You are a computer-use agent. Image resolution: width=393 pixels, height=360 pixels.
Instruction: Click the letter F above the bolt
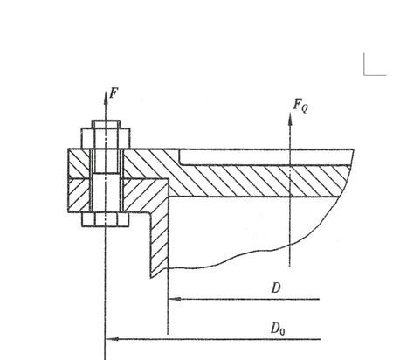[x=114, y=93]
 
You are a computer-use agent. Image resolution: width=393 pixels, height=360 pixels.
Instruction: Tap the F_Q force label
[x=300, y=106]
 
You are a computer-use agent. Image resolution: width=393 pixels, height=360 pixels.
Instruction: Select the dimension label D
[x=276, y=287]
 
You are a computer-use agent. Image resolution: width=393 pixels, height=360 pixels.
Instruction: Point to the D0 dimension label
[x=278, y=329]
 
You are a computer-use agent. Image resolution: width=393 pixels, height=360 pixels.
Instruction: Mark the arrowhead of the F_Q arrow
[x=290, y=119]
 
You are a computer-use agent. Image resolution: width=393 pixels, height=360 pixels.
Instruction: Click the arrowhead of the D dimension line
[x=175, y=299]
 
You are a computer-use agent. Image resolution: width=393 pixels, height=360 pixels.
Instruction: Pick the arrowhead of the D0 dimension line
[x=112, y=339]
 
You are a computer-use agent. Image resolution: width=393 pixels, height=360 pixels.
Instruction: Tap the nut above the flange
[x=106, y=138]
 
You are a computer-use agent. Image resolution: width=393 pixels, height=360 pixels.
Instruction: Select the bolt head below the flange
[x=105, y=219]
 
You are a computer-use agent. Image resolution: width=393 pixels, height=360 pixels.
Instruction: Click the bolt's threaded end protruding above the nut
[x=106, y=124]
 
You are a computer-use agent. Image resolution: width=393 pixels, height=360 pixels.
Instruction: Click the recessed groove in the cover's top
[x=265, y=157]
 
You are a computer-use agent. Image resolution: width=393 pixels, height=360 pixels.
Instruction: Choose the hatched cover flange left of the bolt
[x=79, y=163]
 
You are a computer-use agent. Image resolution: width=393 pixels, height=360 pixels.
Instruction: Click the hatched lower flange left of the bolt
[x=79, y=195]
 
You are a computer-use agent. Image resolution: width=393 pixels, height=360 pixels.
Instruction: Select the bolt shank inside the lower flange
[x=106, y=192]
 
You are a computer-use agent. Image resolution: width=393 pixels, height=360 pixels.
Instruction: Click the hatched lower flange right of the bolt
[x=146, y=195]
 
